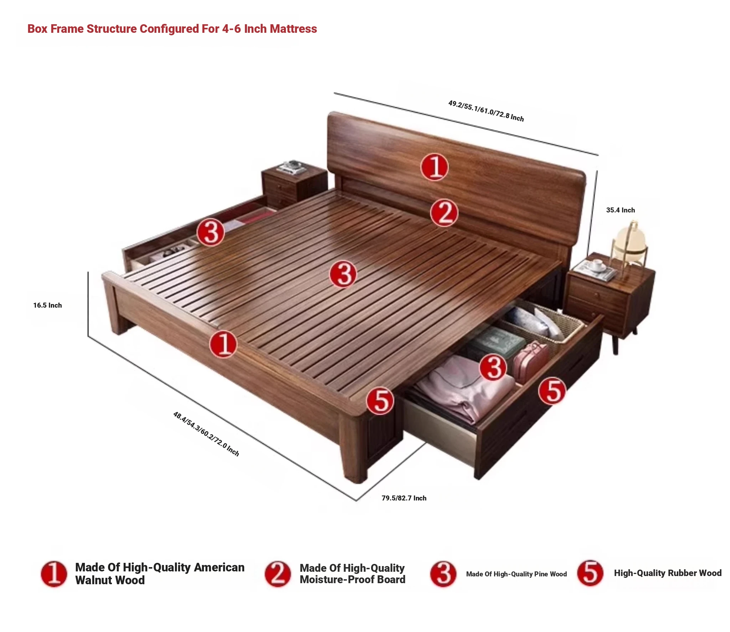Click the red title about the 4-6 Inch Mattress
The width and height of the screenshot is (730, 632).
click(x=172, y=29)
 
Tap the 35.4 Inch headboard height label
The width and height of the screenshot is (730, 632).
click(x=621, y=210)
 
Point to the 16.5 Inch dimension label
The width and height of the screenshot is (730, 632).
click(x=47, y=305)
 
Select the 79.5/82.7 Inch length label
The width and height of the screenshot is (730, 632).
click(x=404, y=498)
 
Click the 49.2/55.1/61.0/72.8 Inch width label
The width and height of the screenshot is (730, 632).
click(x=486, y=111)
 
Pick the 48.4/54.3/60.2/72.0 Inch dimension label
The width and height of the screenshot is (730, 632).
click(x=206, y=434)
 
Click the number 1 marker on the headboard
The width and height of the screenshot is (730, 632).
click(x=435, y=167)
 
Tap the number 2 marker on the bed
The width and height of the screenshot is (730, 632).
click(x=444, y=213)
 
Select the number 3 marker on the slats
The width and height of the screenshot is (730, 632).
click(x=343, y=274)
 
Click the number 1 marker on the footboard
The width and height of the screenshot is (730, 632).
click(x=223, y=344)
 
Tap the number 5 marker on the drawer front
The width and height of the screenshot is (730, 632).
click(x=552, y=391)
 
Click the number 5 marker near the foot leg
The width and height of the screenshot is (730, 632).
click(x=380, y=401)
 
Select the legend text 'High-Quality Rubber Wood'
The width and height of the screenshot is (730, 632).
click(x=668, y=573)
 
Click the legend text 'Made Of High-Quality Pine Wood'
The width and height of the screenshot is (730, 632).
click(x=516, y=574)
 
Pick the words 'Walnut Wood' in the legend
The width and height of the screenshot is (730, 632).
click(x=110, y=580)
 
